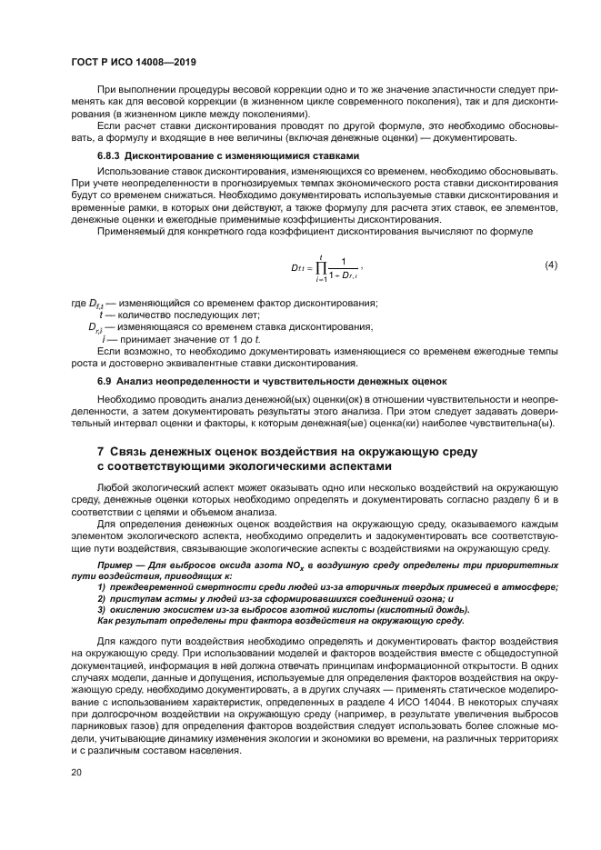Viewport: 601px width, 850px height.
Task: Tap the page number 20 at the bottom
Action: [x=76, y=772]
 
